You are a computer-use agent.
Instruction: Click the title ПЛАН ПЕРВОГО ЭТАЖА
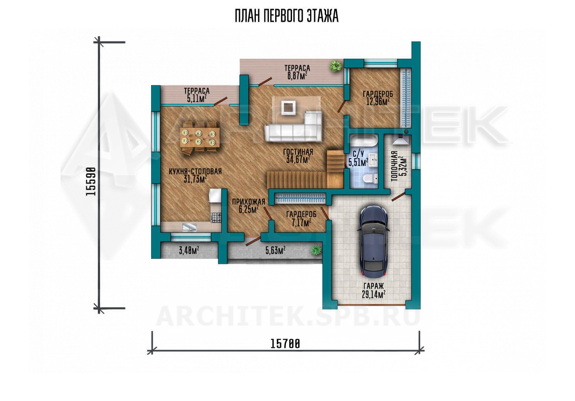pyautogui.click(x=287, y=16)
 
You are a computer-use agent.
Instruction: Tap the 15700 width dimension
pyautogui.click(x=285, y=344)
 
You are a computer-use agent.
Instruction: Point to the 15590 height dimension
pyautogui.click(x=91, y=182)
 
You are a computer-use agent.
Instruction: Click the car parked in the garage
pyautogui.click(x=374, y=241)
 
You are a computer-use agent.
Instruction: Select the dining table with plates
pyautogui.click(x=200, y=138)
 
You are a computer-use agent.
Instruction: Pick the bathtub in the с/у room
pyautogui.click(x=363, y=143)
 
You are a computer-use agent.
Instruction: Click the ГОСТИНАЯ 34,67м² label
pyautogui.click(x=298, y=156)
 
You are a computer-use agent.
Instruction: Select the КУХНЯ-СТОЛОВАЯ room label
pyautogui.click(x=195, y=171)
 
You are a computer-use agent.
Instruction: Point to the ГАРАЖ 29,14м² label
pyautogui.click(x=373, y=290)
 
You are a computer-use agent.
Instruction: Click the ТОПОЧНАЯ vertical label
pyautogui.click(x=395, y=166)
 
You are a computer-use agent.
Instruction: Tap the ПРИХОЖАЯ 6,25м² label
pyautogui.click(x=248, y=206)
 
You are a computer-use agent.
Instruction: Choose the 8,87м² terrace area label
pyautogui.click(x=297, y=76)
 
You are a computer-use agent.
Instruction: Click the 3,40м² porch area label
pyautogui.click(x=189, y=250)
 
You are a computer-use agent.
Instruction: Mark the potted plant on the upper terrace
pyautogui.click(x=336, y=66)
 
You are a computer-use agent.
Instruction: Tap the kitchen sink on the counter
pyautogui.click(x=189, y=227)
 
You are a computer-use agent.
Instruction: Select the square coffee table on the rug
pyautogui.click(x=288, y=108)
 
